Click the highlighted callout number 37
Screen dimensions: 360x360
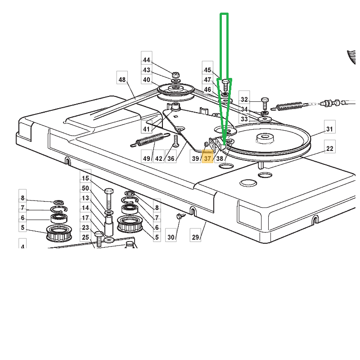[x=207, y=159]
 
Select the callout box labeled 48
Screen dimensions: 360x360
[x=122, y=80]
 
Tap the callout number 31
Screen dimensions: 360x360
[x=330, y=129]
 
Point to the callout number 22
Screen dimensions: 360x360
[x=330, y=149]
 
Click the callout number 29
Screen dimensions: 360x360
[x=195, y=237]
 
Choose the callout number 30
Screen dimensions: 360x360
[x=171, y=237]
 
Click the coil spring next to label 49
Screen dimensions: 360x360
[x=149, y=140]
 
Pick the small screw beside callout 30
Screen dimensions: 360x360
[x=179, y=217]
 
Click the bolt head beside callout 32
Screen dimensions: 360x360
[x=265, y=100]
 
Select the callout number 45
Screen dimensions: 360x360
[x=207, y=70]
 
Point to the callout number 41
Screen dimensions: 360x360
[x=146, y=129]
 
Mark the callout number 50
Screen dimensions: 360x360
[x=85, y=188]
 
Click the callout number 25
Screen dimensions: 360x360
[x=85, y=237]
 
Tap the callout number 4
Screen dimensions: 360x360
[x=23, y=247]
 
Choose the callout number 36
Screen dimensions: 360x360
[x=171, y=159]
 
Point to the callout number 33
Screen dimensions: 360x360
[x=244, y=119]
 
